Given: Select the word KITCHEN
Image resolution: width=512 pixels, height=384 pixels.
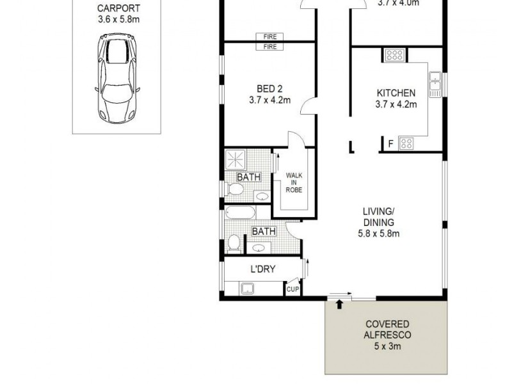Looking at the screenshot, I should (x=396, y=93).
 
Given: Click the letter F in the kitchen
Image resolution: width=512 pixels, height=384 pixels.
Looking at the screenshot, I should (x=390, y=143).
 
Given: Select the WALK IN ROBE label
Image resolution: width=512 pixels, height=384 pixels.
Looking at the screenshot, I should (x=294, y=182).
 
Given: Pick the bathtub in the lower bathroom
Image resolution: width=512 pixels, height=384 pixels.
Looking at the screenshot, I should (x=240, y=213).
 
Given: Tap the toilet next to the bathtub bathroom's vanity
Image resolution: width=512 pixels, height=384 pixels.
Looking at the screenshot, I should (x=234, y=243).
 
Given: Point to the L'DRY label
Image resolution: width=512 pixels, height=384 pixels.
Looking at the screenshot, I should (x=262, y=269).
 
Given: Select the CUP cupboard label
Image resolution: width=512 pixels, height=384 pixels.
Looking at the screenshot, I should (x=292, y=290).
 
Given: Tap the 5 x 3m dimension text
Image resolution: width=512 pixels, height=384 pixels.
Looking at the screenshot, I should (x=387, y=347).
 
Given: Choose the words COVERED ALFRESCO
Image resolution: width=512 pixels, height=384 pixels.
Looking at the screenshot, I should (x=387, y=330).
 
